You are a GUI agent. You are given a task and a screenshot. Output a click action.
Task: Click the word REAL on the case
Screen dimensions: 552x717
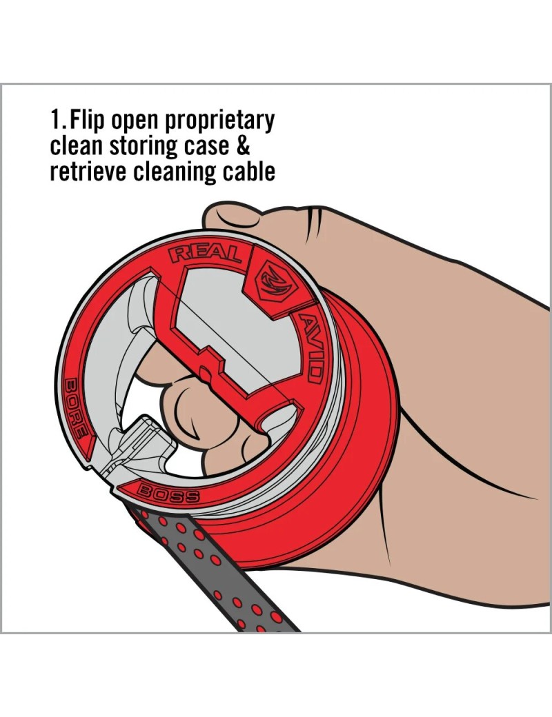(206, 254)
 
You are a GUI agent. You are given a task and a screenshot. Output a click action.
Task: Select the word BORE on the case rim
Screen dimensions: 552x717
(76, 408)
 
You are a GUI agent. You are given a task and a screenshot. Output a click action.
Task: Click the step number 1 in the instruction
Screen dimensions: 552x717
(55, 120)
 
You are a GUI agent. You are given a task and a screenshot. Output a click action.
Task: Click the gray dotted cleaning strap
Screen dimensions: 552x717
(210, 567)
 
